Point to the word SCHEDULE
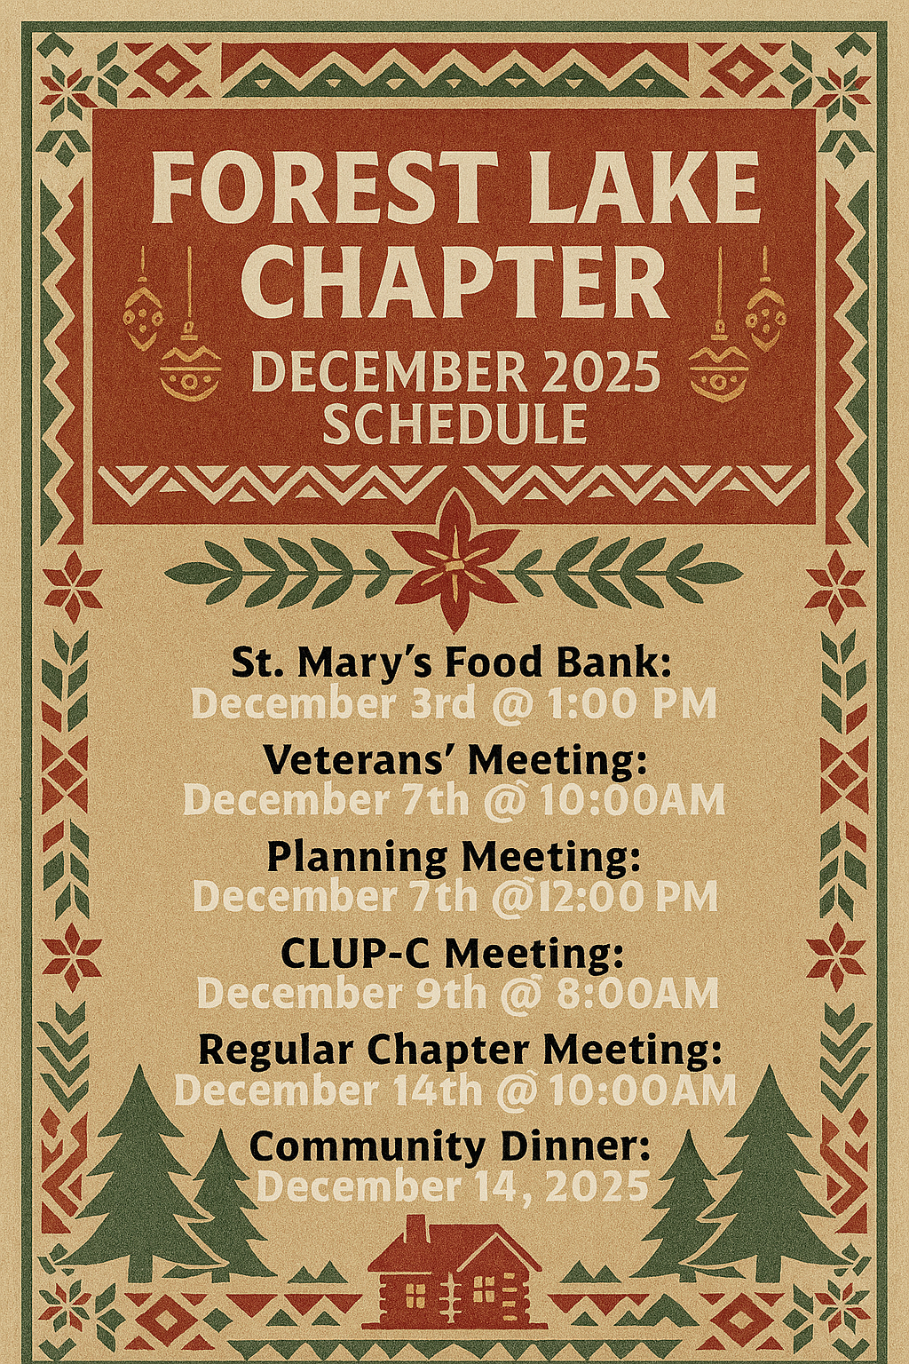coord(454,424)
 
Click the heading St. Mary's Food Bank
coord(451,662)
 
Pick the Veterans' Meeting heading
coord(454,760)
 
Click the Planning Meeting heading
coord(454,857)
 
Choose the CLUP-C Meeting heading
coord(453,954)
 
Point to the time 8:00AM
coord(637,994)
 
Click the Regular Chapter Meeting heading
coord(461,1050)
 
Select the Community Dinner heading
coord(450,1146)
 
